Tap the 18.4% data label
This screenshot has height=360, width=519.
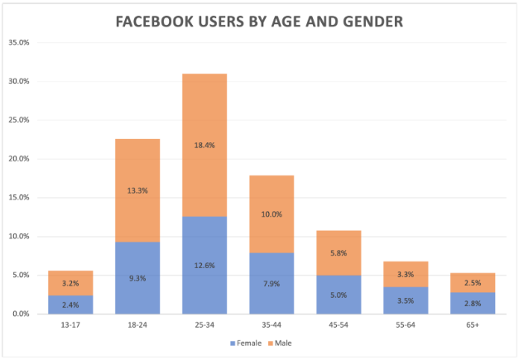204,146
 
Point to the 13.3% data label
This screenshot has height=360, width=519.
137,190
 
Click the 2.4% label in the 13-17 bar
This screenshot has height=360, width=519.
70,305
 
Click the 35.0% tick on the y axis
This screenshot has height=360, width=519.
19,42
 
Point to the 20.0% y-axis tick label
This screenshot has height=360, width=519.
19,159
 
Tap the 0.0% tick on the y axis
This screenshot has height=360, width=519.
21,314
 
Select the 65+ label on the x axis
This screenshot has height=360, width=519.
473,326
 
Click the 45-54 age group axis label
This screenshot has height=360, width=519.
339,326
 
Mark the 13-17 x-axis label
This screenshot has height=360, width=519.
70,326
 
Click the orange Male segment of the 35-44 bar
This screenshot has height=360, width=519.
272,199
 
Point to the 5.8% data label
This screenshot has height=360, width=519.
339,252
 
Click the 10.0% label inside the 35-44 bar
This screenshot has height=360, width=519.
272,214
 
